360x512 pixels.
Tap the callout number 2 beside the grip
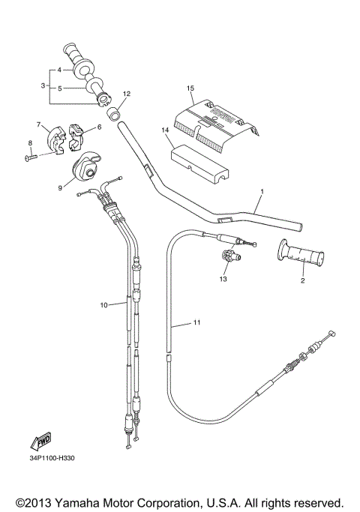point(302,281)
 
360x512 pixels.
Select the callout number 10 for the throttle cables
point(104,304)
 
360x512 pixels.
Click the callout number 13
point(222,279)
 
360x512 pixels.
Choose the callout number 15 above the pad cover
point(190,88)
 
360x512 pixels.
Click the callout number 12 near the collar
point(127,94)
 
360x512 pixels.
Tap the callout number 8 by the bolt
point(31,142)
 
